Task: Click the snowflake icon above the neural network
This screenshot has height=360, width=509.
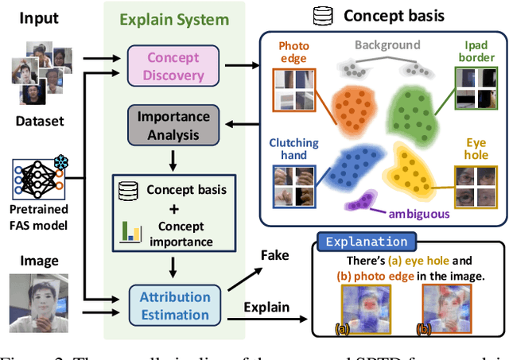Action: coord(60,162)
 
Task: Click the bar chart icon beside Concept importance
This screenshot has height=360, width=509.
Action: coord(130,232)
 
